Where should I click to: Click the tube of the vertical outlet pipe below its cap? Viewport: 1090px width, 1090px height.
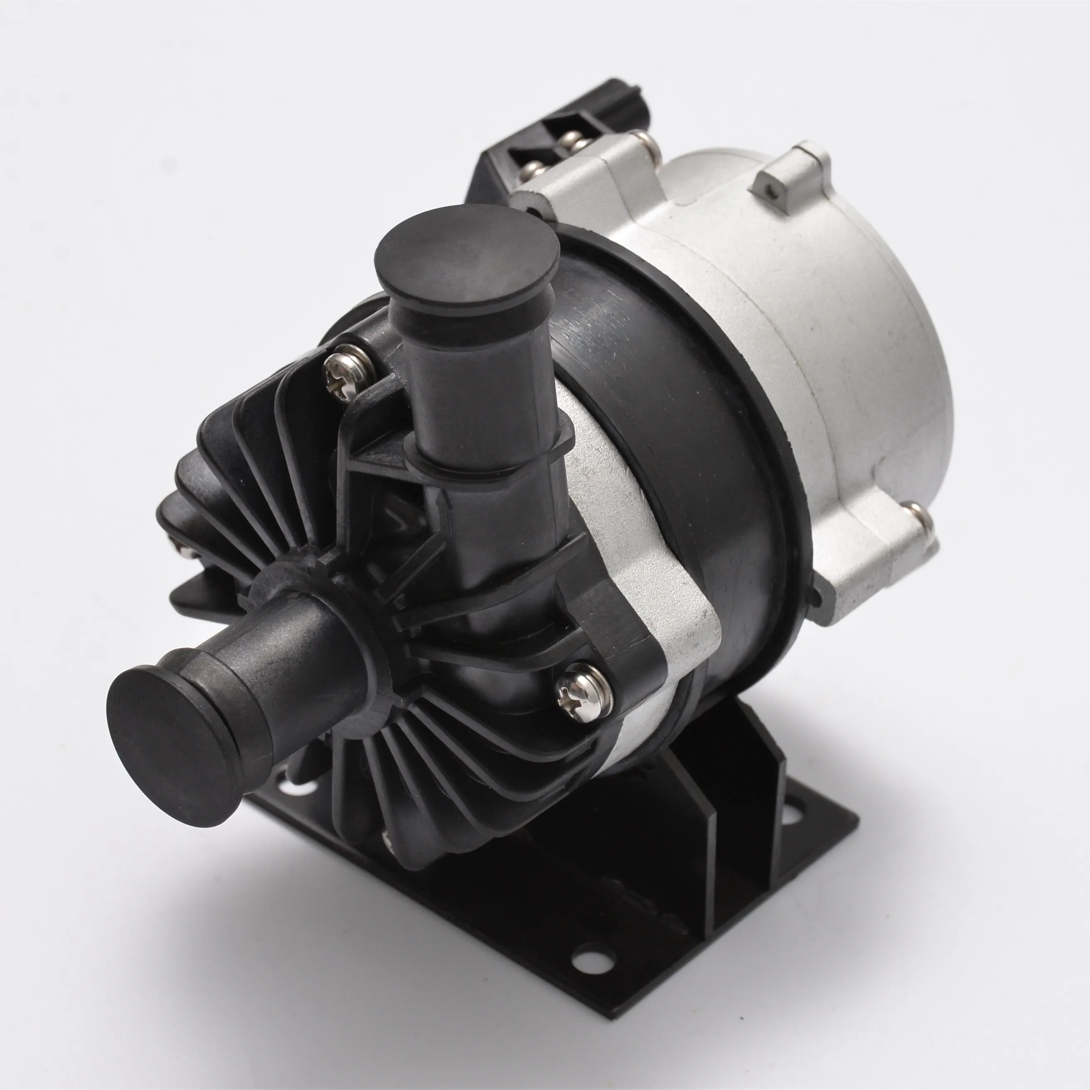(474, 395)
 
